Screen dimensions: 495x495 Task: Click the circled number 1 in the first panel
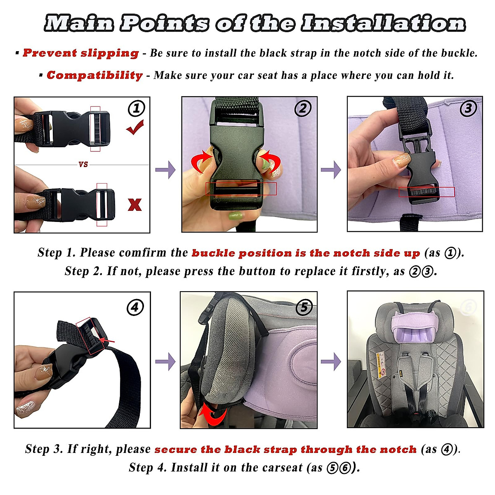point(137,108)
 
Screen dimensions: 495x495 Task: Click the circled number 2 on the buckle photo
point(303,108)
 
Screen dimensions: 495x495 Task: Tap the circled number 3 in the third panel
point(468,108)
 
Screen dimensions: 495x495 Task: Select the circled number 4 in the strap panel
point(135,307)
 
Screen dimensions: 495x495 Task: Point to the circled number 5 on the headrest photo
point(304,307)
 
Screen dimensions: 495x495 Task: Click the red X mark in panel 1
point(134,205)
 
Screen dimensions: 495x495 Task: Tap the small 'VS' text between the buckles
point(83,164)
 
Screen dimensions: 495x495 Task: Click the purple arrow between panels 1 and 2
point(166,170)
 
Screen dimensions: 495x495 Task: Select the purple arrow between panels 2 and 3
point(331,170)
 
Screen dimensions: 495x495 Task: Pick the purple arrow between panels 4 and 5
point(166,362)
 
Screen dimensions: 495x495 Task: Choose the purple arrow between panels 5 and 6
point(331,362)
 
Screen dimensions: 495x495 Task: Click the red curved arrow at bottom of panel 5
point(212,414)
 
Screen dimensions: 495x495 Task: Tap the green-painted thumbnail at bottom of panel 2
point(235,216)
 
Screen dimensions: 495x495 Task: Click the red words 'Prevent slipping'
point(81,53)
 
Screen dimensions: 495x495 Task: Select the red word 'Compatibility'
point(94,75)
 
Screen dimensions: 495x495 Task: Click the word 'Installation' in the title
point(383,23)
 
